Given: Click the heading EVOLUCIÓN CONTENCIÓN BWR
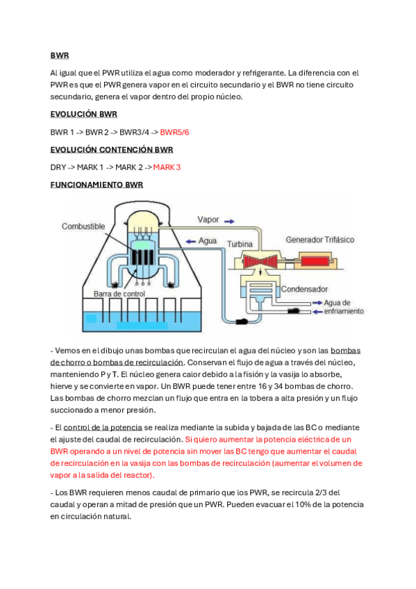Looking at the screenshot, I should (111, 149).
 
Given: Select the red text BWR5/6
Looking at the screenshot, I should (174, 132).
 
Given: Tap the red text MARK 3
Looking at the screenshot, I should (167, 167).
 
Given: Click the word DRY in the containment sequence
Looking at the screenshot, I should (58, 167).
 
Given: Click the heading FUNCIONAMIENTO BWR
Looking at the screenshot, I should (97, 185).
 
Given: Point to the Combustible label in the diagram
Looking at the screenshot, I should (83, 226).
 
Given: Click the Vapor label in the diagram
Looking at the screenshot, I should (208, 219).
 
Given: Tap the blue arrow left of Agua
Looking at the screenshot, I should (187, 240).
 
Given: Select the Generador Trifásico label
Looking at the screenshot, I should (319, 240).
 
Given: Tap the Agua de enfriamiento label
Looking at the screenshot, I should (343, 307).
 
